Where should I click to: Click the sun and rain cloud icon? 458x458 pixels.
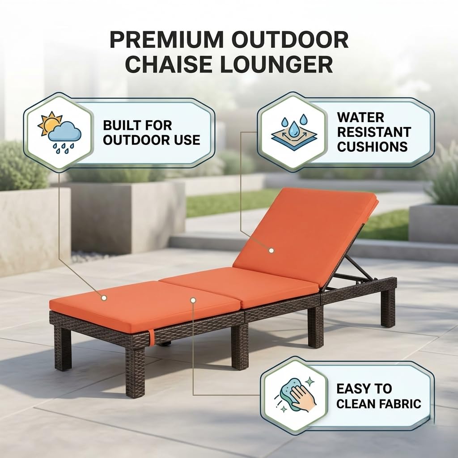coord(59,132)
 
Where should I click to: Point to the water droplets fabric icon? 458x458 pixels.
coord(294,132)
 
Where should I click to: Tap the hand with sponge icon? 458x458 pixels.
coord(296,395)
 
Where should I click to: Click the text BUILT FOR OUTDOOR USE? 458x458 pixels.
coord(152,132)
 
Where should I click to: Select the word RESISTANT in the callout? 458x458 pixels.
coord(374,132)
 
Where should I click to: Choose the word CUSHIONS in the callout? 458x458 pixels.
coord(373,147)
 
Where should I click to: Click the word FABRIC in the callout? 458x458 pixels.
coord(400,404)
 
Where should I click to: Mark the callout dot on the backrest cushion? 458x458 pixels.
coord(271,250)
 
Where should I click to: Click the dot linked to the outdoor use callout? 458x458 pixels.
coord(104,298)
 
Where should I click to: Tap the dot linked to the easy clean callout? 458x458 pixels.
coord(193,300)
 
